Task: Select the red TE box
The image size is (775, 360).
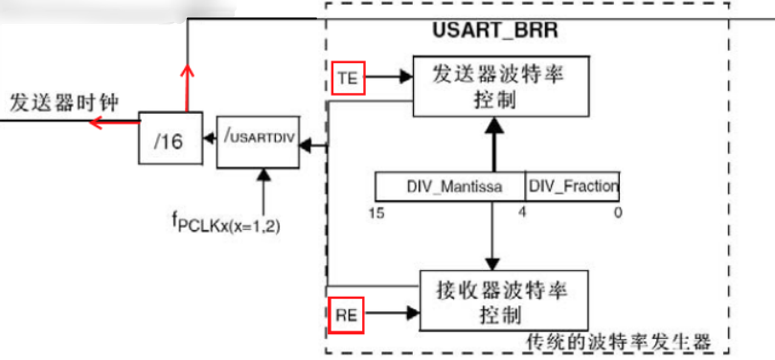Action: [346, 80]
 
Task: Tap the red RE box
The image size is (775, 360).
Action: [346, 313]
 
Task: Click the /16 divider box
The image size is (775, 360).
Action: [169, 141]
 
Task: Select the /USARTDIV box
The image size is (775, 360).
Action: [257, 142]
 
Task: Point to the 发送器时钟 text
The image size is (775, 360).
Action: [64, 102]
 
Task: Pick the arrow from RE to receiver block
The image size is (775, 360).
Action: [392, 313]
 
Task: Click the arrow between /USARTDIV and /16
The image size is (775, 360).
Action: [208, 142]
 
